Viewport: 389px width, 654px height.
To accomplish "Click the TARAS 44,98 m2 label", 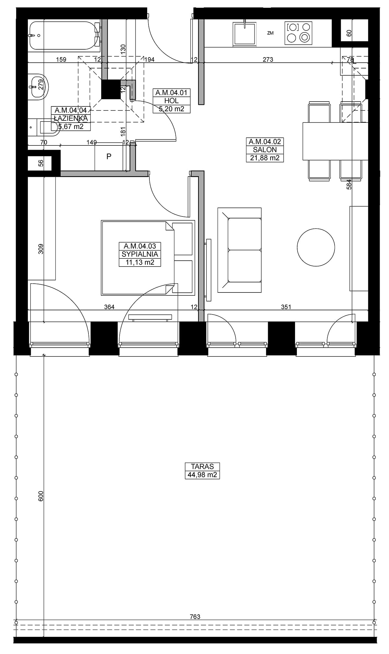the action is click(202, 471).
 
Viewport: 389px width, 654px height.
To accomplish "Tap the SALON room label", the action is click(265, 150).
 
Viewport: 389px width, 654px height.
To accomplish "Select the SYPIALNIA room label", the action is click(140, 254).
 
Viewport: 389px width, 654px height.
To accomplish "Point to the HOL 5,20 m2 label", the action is click(171, 101).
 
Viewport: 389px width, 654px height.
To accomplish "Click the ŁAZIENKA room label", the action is click(71, 118).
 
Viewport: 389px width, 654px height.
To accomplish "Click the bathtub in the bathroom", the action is click(65, 35).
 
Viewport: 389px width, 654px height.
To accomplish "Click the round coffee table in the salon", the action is click(316, 247).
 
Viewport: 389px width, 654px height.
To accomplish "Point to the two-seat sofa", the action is click(240, 250).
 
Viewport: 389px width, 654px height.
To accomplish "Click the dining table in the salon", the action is click(336, 141).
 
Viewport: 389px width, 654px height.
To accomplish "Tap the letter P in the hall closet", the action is click(109, 156).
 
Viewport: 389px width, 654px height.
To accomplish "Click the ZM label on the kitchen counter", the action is click(270, 33).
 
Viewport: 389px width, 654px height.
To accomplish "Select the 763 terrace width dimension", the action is click(195, 616).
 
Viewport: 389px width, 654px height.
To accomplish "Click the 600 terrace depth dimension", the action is click(41, 496).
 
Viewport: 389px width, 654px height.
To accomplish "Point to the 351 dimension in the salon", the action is click(286, 307).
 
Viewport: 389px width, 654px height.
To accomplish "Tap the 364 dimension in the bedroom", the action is click(109, 307).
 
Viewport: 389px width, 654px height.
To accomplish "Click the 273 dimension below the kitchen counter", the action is click(268, 59).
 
